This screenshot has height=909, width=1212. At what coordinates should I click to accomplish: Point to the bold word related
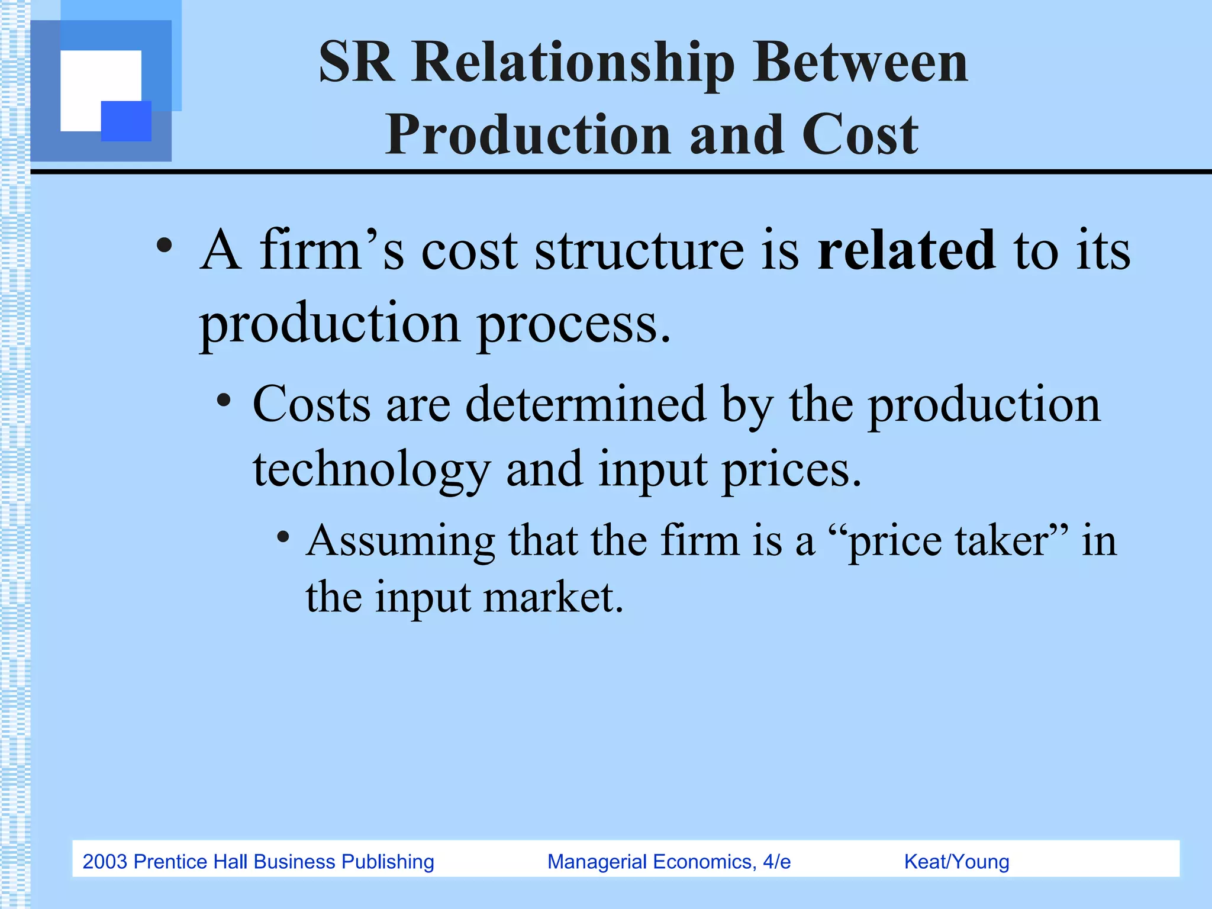(905, 251)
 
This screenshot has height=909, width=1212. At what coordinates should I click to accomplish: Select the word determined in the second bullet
(586, 405)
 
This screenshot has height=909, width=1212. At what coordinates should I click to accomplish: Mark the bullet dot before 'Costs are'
(224, 401)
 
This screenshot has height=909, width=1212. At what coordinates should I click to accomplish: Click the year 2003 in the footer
(105, 862)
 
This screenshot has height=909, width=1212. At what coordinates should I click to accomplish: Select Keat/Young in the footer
(956, 862)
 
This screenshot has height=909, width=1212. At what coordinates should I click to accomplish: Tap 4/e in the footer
(776, 862)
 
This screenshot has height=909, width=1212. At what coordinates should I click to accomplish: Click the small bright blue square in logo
(126, 121)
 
